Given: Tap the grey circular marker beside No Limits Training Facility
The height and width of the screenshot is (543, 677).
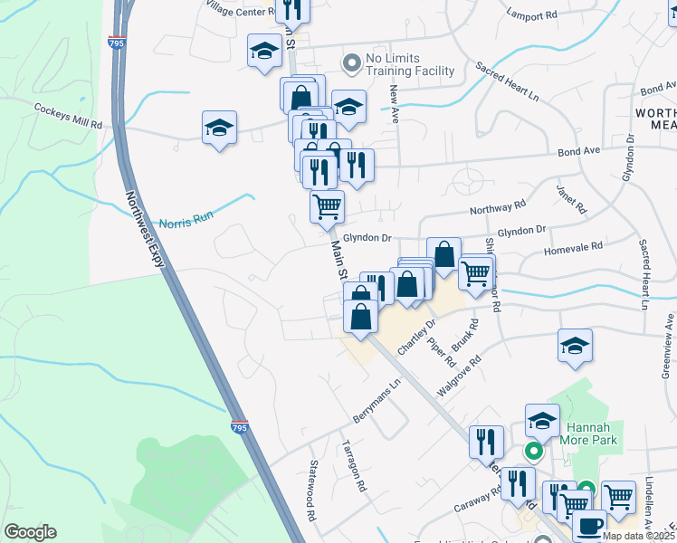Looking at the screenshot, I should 350,62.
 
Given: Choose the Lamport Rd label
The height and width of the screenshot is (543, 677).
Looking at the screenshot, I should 532,16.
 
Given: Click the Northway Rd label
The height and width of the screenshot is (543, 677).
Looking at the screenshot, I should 497,209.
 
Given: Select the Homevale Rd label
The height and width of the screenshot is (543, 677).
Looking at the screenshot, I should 573,246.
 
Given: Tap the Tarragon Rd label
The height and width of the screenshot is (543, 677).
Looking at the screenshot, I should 354,465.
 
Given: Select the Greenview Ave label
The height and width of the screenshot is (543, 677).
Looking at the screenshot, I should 667,345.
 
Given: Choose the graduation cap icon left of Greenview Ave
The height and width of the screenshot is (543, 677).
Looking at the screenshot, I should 574,346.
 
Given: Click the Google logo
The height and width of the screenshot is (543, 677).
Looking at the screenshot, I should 30,532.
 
